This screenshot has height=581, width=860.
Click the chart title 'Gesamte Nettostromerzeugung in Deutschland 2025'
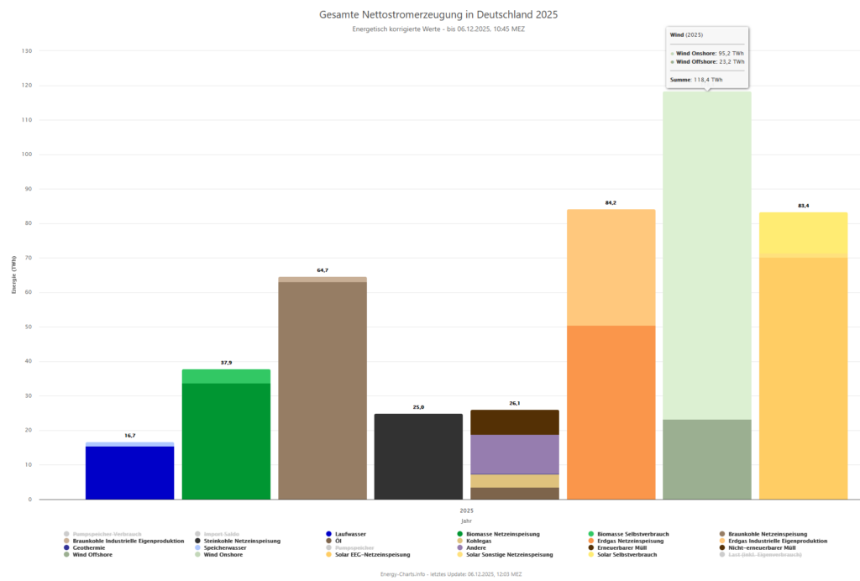click(438, 15)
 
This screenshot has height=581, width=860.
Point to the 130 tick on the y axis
click(27, 51)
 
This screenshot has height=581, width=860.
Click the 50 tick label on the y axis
click(28, 327)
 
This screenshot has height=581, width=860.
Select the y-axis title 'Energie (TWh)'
click(14, 275)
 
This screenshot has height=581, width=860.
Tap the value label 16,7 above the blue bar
click(129, 437)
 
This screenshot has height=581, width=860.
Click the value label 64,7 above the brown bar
click(322, 270)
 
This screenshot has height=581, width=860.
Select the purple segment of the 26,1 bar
click(515, 454)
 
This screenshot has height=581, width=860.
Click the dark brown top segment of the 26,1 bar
click(515, 422)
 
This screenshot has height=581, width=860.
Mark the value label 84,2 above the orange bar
click(611, 202)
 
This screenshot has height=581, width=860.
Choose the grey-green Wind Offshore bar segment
click(706, 459)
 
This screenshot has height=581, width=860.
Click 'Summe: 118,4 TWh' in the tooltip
click(696, 80)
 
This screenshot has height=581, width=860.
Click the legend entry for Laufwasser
click(348, 534)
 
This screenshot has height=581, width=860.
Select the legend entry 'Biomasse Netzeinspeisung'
click(501, 534)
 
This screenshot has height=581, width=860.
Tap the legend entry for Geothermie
click(87, 547)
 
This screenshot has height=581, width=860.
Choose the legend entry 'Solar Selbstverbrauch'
click(624, 555)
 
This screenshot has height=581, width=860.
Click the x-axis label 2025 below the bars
click(466, 510)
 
